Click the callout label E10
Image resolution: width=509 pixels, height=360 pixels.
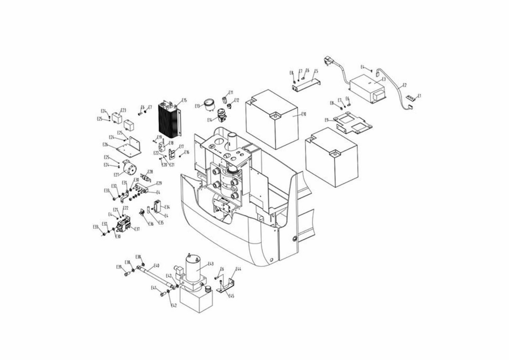[x=304, y=114]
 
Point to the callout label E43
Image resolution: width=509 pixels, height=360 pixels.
[x=211, y=264]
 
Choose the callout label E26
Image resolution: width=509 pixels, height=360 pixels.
[x=105, y=144]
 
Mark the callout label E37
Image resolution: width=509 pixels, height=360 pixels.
[x=137, y=229]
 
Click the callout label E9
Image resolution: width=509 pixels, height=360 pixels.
[x=327, y=120]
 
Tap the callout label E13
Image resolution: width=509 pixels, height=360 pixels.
[x=197, y=106]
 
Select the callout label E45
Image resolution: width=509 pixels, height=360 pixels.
[x=232, y=295]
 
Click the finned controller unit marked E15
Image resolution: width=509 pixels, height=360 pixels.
[x=168, y=119]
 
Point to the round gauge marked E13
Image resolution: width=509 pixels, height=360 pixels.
[x=208, y=106]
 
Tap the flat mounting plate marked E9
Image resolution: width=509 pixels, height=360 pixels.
[x=353, y=124]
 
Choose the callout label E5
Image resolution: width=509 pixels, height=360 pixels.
[x=316, y=71]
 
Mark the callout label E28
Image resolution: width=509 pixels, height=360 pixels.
[x=150, y=171]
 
